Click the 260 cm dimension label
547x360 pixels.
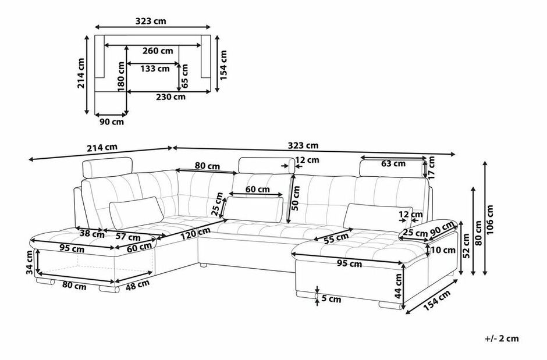pyautogui.click(x=158, y=51)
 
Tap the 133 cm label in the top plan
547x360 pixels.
pyautogui.click(x=154, y=69)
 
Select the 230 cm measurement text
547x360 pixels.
pyautogui.click(x=171, y=97)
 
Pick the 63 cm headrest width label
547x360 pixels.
pyautogui.click(x=393, y=163)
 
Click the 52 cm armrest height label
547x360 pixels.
pyautogui.click(x=466, y=247)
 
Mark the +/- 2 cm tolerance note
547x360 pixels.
pyautogui.click(x=501, y=338)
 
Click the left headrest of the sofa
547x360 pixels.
pyautogui.click(x=111, y=167)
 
